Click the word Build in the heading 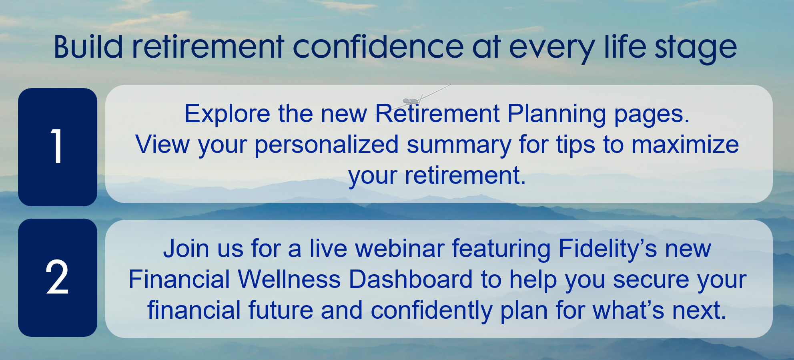pyautogui.click(x=88, y=47)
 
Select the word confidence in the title pyautogui.click(x=378, y=47)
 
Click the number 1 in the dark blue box pyautogui.click(x=57, y=146)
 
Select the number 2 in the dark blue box pyautogui.click(x=57, y=277)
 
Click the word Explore pyautogui.click(x=227, y=114)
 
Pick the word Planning pyautogui.click(x=557, y=114)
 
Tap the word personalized pyautogui.click(x=327, y=145)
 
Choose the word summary pyautogui.click(x=459, y=145)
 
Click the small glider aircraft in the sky pyautogui.click(x=412, y=100)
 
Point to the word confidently pyautogui.click(x=431, y=311)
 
